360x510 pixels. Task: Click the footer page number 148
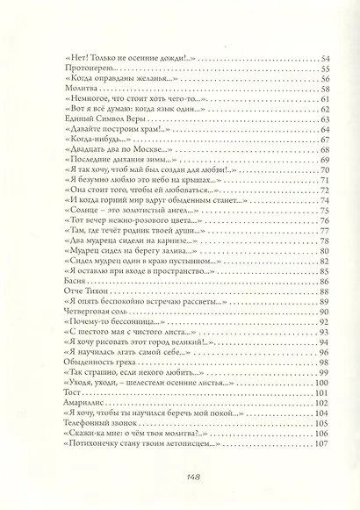pyautogui.click(x=181, y=476)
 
